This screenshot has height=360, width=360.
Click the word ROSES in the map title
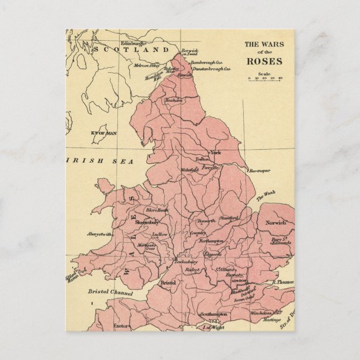(264, 61)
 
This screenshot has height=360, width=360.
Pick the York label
(216, 152)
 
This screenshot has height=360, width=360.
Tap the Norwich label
(276, 222)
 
